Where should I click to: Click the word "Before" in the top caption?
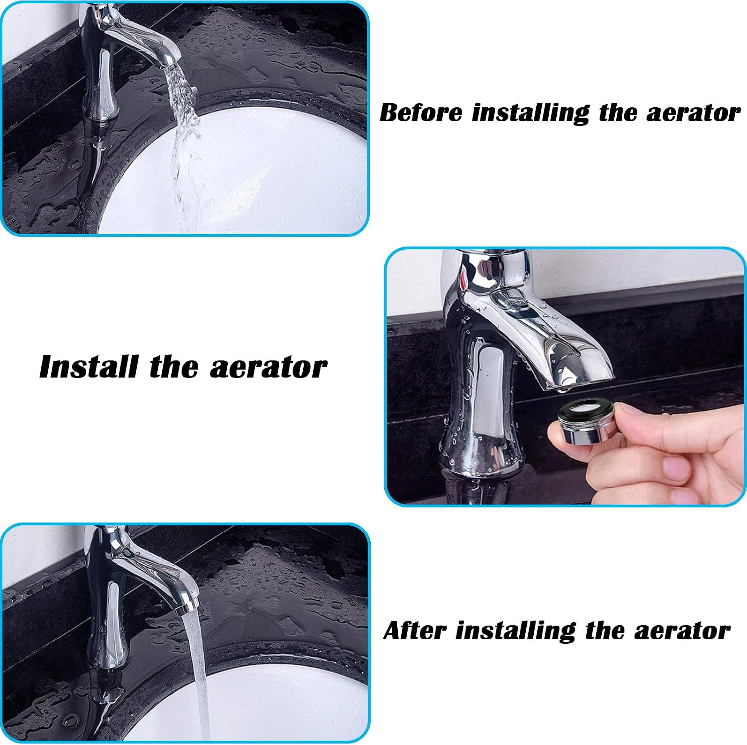coord(421,112)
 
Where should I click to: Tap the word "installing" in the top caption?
coord(530,113)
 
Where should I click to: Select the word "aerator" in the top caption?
coord(694,113)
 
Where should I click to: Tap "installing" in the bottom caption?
coord(515,631)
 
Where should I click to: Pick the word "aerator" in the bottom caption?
coord(682,631)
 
